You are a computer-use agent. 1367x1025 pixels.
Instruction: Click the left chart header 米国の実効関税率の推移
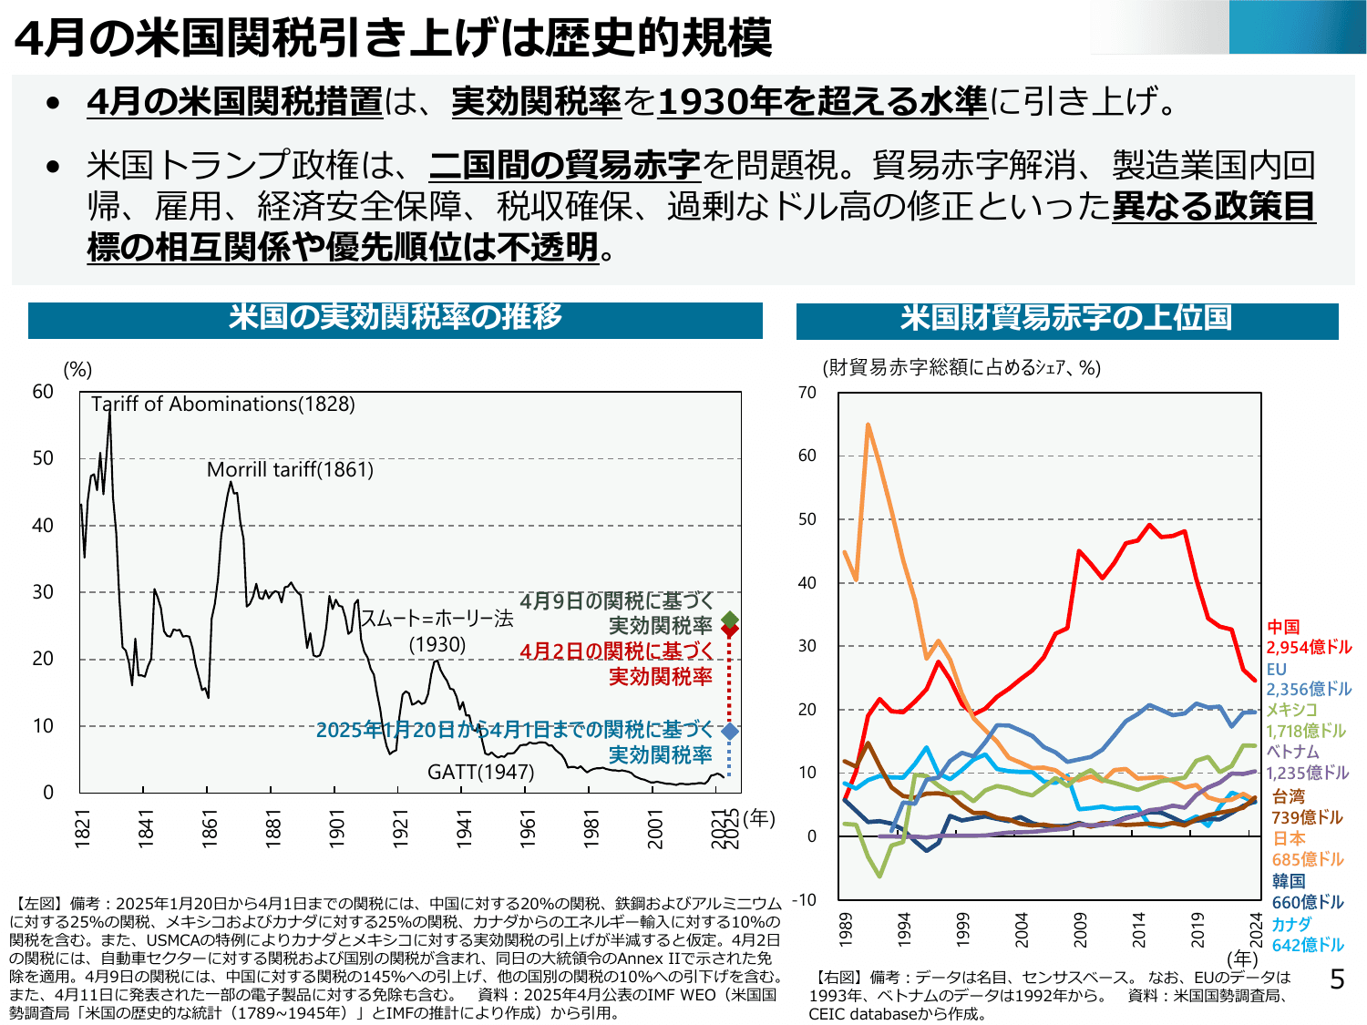(395, 318)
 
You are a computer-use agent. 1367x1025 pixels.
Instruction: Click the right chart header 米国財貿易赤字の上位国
(1065, 319)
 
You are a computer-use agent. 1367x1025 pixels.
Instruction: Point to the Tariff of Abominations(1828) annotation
(223, 404)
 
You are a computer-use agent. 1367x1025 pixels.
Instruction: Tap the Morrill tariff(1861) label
(290, 469)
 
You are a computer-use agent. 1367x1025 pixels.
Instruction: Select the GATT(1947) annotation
(480, 772)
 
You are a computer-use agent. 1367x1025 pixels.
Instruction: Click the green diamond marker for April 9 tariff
(729, 620)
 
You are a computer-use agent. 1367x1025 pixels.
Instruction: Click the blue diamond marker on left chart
(729, 731)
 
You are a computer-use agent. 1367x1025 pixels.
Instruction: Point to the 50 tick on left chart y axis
(43, 458)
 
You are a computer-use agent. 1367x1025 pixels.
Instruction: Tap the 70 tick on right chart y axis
(807, 393)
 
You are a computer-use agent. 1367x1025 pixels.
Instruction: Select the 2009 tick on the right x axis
(1080, 928)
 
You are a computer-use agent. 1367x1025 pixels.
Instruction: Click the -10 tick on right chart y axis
(804, 900)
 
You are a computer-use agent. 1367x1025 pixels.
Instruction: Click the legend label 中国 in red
(1283, 627)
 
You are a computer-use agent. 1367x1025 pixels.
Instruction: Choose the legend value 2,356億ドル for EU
(1309, 690)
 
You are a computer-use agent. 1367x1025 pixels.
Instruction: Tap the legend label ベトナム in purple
(1292, 752)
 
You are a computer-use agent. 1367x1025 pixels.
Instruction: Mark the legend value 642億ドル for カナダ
(1308, 945)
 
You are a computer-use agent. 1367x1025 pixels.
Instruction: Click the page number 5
(1337, 979)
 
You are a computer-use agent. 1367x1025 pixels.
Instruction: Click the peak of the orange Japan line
(868, 425)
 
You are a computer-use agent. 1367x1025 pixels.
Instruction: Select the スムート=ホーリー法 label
(437, 620)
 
